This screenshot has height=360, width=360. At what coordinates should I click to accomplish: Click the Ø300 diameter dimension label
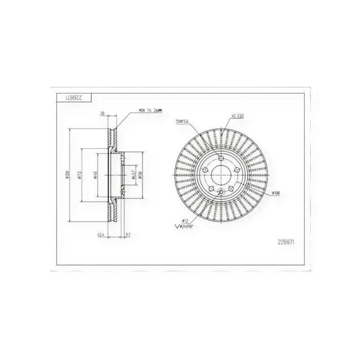point(67,175)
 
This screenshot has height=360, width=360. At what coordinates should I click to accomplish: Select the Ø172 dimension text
point(79,175)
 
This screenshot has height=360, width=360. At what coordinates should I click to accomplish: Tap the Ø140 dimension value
point(95,175)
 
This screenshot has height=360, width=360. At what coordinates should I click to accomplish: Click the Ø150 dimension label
point(141,175)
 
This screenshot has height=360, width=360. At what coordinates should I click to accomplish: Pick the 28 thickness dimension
point(102,114)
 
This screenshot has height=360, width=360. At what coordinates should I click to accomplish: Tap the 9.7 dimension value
point(128,234)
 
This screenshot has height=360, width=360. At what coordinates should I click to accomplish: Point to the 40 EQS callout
point(237,116)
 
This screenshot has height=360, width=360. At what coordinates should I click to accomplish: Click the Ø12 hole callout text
point(184,220)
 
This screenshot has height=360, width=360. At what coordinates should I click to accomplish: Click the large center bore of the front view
point(221,175)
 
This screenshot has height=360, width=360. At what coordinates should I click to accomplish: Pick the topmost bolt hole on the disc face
point(221,158)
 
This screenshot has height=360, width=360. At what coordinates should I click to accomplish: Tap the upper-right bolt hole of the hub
point(237,170)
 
